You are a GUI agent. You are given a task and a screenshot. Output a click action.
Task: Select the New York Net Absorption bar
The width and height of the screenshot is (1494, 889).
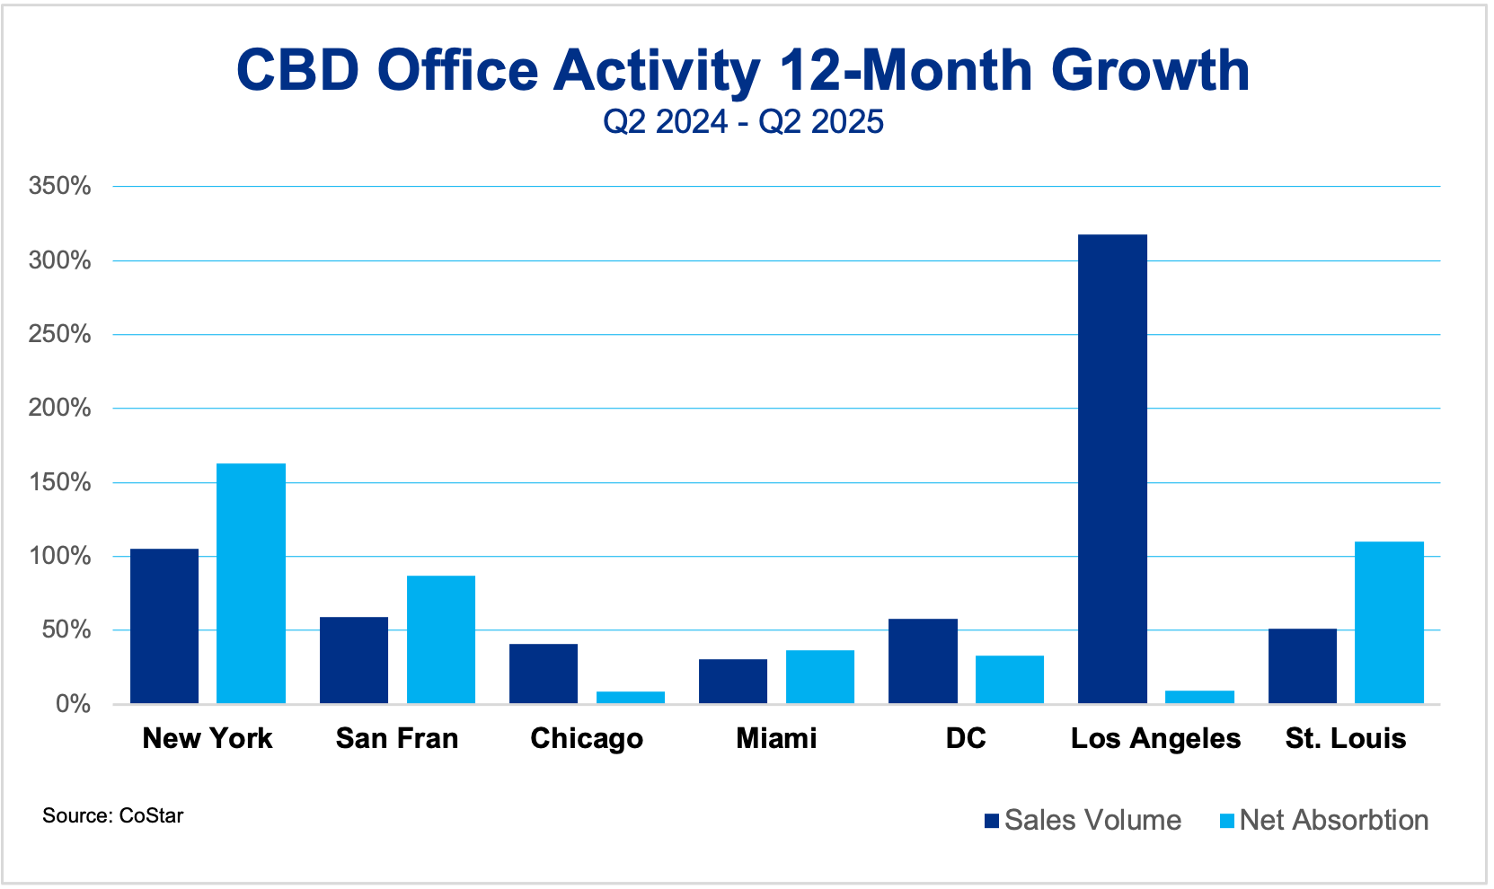click(x=251, y=584)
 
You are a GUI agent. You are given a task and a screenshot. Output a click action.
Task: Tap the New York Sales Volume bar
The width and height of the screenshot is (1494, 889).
click(x=164, y=626)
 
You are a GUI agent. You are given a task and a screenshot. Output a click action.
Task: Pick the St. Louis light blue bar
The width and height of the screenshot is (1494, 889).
click(x=1389, y=622)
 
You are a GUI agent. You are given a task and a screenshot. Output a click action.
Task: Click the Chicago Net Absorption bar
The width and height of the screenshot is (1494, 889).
click(x=631, y=697)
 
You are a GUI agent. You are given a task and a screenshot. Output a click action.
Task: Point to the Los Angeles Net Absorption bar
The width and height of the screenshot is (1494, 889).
click(x=1199, y=697)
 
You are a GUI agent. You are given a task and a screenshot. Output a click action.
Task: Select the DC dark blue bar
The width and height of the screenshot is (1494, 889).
click(x=923, y=661)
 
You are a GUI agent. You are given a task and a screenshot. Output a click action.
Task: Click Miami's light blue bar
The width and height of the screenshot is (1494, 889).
click(x=819, y=676)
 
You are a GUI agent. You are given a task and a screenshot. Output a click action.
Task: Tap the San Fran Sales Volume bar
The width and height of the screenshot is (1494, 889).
click(x=354, y=660)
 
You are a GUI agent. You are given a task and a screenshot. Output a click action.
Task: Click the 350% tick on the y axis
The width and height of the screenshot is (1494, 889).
click(x=60, y=187)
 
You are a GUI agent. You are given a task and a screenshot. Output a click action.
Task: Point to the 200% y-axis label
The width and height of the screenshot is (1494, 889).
click(x=60, y=409)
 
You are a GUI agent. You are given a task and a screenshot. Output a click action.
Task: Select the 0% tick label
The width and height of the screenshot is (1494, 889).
click(x=73, y=704)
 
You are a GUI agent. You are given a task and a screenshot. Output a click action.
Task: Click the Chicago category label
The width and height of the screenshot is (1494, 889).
click(x=587, y=738)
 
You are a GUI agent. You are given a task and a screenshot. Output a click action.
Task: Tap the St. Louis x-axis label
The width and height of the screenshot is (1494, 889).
click(x=1345, y=738)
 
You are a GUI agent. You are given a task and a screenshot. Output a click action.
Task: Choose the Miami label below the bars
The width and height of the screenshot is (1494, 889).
click(x=776, y=738)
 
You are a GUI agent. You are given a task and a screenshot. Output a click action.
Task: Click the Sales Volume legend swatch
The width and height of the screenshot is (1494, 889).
click(x=992, y=821)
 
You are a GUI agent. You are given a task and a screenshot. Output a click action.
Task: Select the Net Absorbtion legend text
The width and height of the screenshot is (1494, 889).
click(x=1333, y=820)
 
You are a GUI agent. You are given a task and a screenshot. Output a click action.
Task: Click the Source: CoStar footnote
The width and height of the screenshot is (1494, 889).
click(x=112, y=816)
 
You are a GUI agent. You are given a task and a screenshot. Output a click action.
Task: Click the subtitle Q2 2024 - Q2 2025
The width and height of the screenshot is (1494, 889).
click(x=743, y=122)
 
